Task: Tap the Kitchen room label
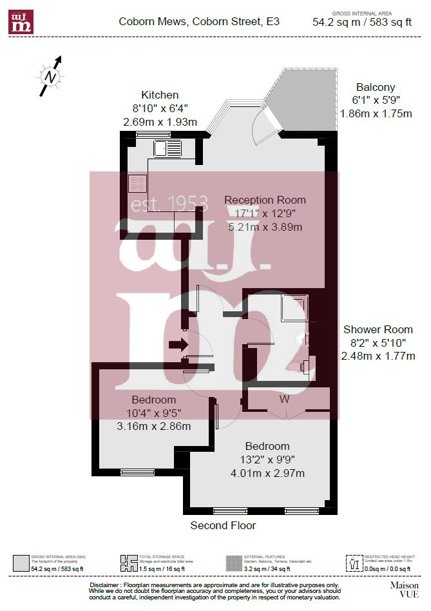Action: [160, 95]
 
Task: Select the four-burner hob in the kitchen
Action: [137, 184]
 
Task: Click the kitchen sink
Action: [168, 150]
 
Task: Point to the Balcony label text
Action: [376, 88]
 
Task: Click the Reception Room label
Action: [265, 200]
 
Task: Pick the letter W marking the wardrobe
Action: [284, 399]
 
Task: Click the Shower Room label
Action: [378, 329]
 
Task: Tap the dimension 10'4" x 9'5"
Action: [153, 413]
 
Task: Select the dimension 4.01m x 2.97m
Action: [267, 473]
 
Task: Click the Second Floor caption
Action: [223, 525]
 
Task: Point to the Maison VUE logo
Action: [404, 589]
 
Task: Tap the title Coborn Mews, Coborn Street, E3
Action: [199, 21]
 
